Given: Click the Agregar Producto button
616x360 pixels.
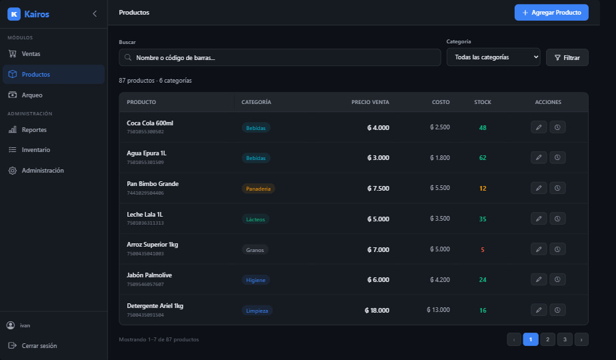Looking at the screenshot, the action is pos(551,13).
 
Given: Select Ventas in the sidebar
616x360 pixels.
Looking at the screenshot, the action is pos(31,54).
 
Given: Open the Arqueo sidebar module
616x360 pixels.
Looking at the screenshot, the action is pos(32,95).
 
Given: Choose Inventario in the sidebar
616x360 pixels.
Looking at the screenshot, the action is pos(36,150).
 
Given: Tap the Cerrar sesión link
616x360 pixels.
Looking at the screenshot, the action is pos(39,346).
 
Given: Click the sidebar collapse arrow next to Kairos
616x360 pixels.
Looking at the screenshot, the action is pos(95,14).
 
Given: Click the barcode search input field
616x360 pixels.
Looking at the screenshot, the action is pos(280,58).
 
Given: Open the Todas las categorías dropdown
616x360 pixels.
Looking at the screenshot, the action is pos(493,57).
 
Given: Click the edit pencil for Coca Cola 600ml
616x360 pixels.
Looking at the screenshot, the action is pos(539,127).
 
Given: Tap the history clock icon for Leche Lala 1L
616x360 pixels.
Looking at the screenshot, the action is pos(557,219).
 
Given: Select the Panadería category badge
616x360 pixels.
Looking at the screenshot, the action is pos(258,189).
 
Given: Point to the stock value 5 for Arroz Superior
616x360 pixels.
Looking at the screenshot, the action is pos(483,249).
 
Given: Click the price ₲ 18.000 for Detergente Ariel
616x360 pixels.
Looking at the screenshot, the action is pos(377,311).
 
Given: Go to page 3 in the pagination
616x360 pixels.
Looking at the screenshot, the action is pos(565,339).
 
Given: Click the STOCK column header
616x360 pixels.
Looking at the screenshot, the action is pos(483,102).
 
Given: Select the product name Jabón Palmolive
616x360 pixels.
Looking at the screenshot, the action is pos(149,275).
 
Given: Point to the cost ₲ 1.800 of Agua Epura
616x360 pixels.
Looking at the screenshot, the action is pos(439,157).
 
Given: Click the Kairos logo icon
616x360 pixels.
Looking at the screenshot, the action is pos(14,14).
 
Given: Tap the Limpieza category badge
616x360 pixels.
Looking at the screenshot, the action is pos(257,311).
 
